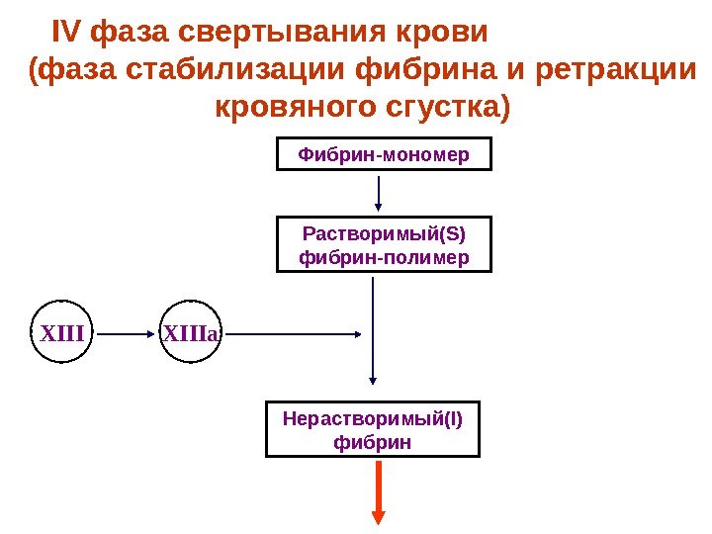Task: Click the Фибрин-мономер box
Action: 383,155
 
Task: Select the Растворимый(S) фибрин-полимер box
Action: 383,244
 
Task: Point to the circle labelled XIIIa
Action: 192,334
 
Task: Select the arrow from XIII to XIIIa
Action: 126,334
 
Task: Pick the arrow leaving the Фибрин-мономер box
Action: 379,192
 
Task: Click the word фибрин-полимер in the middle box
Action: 383,257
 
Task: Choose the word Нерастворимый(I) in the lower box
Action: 372,418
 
